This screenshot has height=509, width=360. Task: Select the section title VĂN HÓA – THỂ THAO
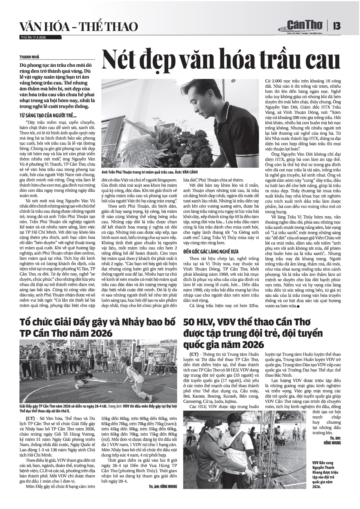coord(78,27)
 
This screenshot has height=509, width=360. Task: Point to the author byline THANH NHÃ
coord(29,57)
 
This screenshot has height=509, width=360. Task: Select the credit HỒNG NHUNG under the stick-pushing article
coord(167,486)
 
